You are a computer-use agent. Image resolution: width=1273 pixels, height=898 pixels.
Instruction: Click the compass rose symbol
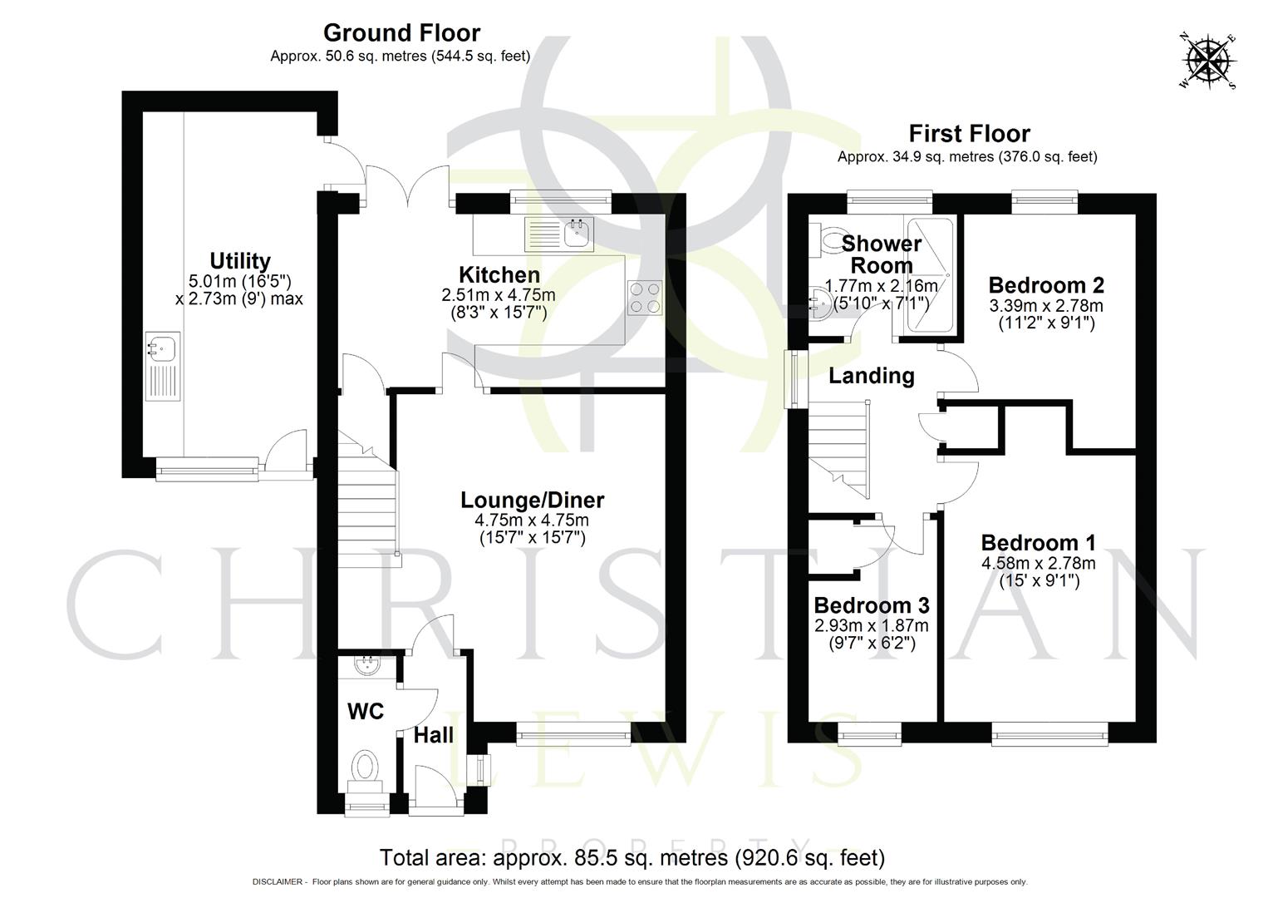[x=1208, y=62]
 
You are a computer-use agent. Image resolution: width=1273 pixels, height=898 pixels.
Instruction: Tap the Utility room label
[x=239, y=260]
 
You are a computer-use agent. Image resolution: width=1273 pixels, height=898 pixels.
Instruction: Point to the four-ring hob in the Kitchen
[x=645, y=298]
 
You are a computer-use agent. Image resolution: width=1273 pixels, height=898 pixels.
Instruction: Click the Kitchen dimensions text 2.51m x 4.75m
[x=499, y=295]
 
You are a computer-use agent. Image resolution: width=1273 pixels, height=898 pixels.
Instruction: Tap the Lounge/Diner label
[x=532, y=500]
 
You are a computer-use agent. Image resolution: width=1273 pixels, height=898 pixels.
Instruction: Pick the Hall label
[x=434, y=735]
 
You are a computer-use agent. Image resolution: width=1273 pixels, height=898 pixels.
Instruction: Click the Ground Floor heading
[x=401, y=33]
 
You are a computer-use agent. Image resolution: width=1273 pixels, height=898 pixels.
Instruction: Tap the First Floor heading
[x=969, y=134]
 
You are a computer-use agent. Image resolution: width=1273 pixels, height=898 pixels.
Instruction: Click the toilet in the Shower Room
[x=828, y=240]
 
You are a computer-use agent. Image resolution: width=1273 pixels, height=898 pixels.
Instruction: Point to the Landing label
[x=871, y=376]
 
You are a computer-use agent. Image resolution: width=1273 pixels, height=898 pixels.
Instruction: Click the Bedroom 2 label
[x=1045, y=285]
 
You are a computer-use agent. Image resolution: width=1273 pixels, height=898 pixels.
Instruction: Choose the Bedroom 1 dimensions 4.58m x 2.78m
[x=1038, y=563]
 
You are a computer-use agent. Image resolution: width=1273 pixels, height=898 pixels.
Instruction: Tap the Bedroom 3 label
[x=871, y=604]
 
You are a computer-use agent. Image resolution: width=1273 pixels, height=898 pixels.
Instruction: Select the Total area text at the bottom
[x=632, y=857]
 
